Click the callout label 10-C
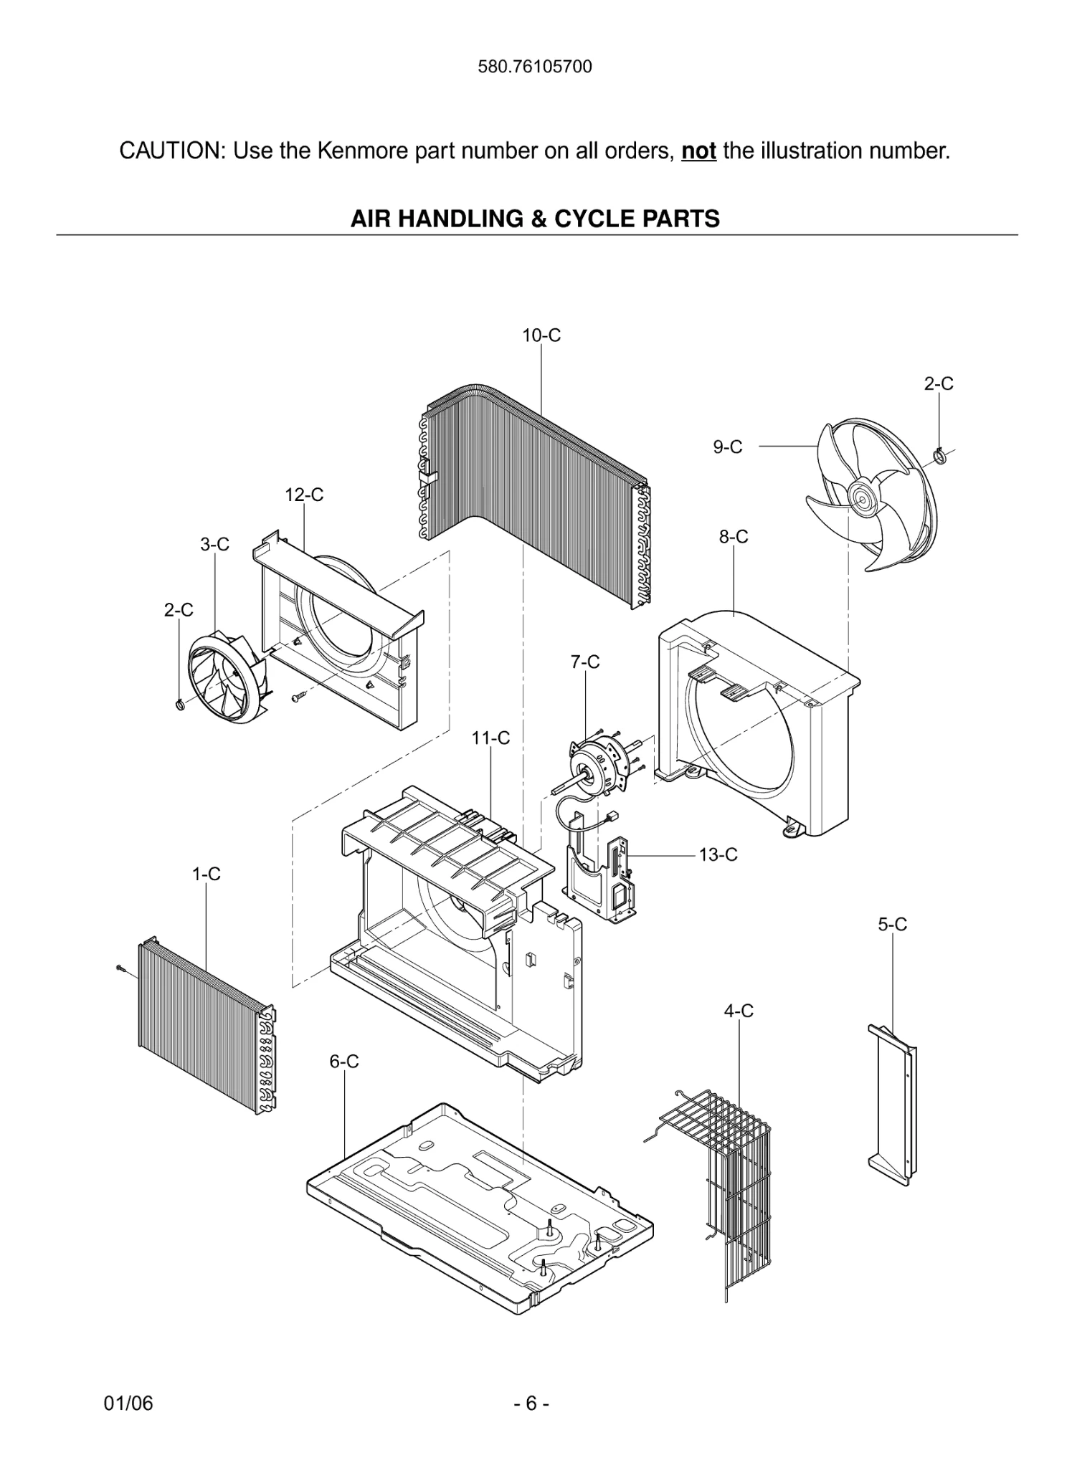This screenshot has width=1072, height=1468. point(541,335)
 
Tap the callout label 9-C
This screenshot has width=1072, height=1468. point(727,447)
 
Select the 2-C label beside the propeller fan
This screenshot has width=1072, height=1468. point(938,384)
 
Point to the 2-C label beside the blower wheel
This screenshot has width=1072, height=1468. point(178,610)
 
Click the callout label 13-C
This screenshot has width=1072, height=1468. point(718,855)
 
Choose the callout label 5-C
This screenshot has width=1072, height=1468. point(892,925)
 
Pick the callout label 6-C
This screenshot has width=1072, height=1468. point(343,1062)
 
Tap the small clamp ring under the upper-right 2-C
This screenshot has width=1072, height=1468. point(940,454)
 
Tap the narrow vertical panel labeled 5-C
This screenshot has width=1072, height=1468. point(893,1104)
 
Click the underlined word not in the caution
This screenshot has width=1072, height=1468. point(698,151)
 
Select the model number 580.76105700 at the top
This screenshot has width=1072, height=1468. point(535,67)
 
